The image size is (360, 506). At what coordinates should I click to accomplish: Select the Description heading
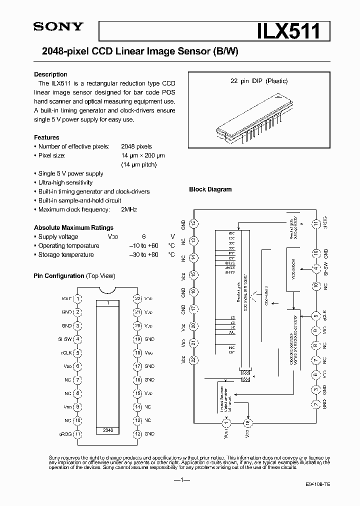[50, 74]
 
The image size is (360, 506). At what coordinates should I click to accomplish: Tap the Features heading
[46, 137]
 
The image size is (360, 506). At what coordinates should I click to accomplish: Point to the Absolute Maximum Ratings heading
[73, 227]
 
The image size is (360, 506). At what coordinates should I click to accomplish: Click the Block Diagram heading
[210, 189]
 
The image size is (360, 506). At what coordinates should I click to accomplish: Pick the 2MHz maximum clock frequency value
[129, 209]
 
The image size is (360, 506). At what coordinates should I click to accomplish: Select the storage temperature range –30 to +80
[143, 254]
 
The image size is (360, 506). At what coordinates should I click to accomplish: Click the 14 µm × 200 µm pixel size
[143, 155]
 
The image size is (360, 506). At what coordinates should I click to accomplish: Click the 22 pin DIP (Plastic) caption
[255, 81]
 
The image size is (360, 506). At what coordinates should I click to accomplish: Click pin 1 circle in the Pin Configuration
[78, 298]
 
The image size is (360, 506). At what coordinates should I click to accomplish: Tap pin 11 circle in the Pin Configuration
[78, 433]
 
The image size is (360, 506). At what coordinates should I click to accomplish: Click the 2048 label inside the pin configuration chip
[107, 430]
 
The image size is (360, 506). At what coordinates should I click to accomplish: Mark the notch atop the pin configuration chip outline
[107, 290]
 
